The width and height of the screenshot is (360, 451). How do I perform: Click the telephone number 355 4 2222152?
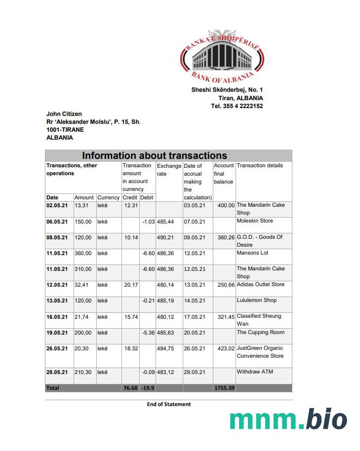(x=237, y=106)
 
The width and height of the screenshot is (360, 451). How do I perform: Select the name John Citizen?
(x=64, y=114)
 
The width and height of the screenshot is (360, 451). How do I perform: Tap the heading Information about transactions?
(x=155, y=155)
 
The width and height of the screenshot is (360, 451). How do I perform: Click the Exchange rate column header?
(x=169, y=170)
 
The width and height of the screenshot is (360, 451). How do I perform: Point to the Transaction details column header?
(x=260, y=166)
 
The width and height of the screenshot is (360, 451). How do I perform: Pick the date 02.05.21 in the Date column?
(x=57, y=205)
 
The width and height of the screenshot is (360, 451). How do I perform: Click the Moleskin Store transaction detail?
(x=254, y=221)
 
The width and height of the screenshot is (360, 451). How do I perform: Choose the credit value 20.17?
(x=131, y=285)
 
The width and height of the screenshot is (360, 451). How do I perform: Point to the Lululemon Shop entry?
(x=256, y=301)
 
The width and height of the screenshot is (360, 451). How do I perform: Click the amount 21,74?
(x=83, y=316)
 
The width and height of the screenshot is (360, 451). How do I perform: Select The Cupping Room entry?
(x=260, y=332)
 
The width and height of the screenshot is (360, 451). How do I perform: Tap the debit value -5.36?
(x=148, y=333)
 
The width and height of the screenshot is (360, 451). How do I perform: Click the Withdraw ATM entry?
(x=255, y=372)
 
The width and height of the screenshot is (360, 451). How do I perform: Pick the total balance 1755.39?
(x=224, y=388)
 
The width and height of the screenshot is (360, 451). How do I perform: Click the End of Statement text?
(x=168, y=404)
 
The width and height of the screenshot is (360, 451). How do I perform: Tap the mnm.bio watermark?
(x=288, y=419)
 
